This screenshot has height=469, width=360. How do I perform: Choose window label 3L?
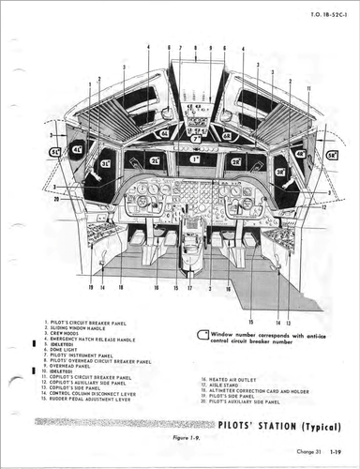point(107,166)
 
